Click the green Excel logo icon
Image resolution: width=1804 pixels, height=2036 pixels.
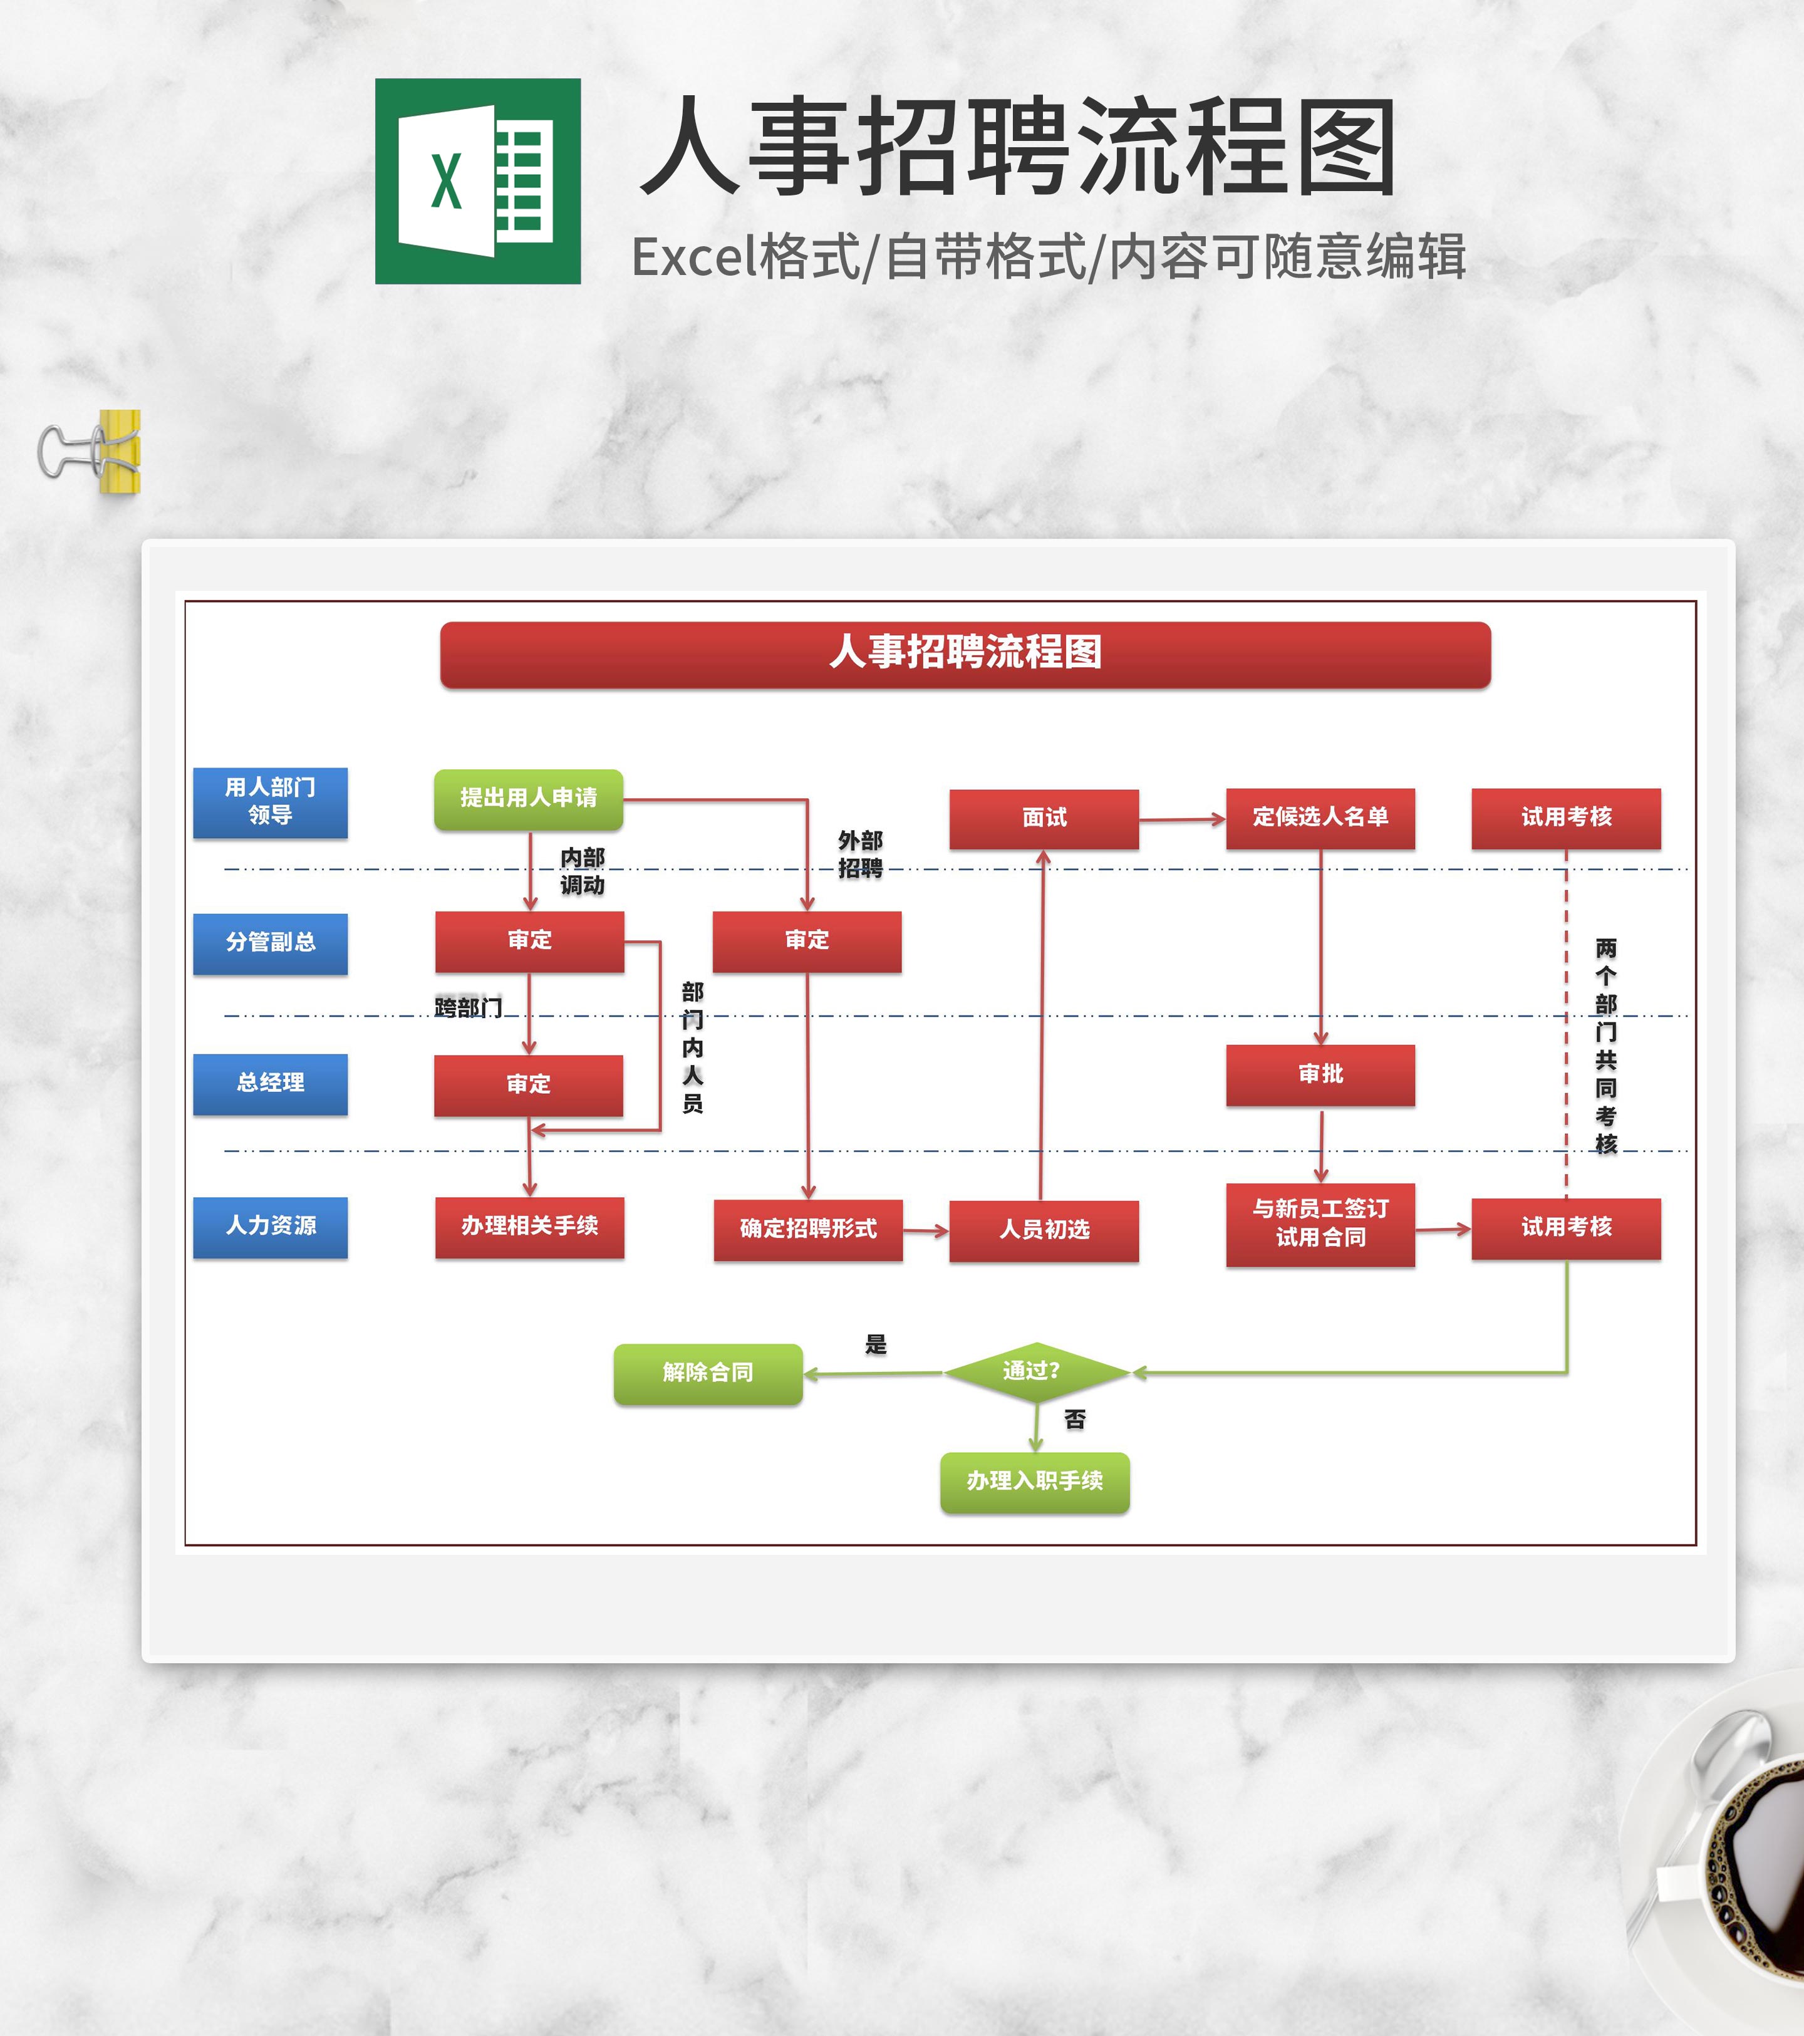click(x=477, y=181)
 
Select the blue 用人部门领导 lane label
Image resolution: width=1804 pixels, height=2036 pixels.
click(x=270, y=802)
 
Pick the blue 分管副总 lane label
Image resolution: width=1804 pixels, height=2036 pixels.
click(x=270, y=942)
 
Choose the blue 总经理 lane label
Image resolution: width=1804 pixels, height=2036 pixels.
click(x=270, y=1084)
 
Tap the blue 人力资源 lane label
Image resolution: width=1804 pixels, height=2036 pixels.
click(x=270, y=1226)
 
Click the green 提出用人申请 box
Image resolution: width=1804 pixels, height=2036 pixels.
click(x=528, y=799)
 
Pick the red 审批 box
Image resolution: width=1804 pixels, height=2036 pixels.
click(x=1320, y=1075)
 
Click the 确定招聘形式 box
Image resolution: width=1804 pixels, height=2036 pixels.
click(x=808, y=1230)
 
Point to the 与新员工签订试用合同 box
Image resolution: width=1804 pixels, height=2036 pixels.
click(x=1320, y=1224)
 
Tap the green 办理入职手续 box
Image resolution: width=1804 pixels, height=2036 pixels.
click(x=1034, y=1482)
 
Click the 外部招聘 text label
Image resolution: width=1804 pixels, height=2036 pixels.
click(x=859, y=854)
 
